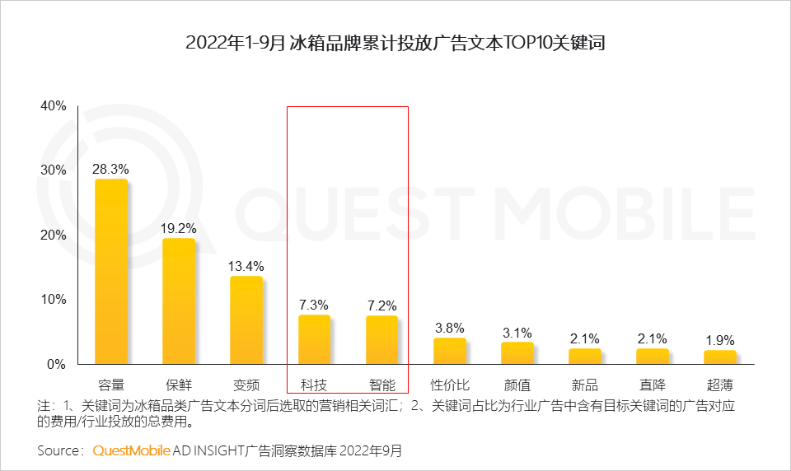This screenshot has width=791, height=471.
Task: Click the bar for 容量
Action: point(111,272)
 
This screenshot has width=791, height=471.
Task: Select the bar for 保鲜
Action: point(179,301)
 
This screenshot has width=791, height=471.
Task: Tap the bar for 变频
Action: point(246,320)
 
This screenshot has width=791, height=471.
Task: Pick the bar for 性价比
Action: point(449,351)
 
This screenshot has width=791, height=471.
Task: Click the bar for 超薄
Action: point(719,357)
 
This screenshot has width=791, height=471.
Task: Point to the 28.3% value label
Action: point(110,169)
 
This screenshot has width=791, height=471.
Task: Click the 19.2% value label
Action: point(178,228)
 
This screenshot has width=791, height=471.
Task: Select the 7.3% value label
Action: point(313,305)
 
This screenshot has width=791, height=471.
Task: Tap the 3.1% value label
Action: point(517,332)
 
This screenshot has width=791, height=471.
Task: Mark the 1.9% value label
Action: point(719,339)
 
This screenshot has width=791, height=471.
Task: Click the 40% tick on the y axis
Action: point(54,105)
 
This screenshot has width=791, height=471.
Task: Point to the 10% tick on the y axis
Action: point(54,299)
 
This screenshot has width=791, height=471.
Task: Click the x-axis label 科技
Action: point(313,385)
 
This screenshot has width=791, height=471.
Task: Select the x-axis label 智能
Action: point(381,385)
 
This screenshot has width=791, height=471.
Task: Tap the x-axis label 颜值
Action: point(517,385)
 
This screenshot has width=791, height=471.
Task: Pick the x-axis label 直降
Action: point(652,385)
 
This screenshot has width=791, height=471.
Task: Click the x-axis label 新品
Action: point(584,385)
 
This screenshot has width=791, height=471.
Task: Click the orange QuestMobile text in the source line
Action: point(131,450)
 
